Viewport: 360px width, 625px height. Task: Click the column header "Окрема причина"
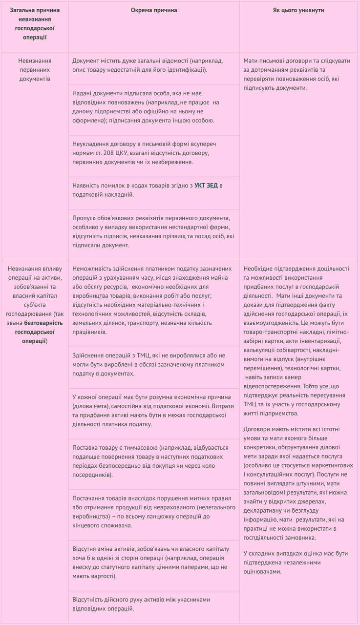(154, 10)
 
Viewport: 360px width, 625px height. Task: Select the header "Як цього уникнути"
(298, 10)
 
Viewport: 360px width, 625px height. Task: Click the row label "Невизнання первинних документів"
(35, 69)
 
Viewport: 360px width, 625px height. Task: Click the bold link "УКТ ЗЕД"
(206, 186)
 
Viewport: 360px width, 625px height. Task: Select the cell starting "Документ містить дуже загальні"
(147, 65)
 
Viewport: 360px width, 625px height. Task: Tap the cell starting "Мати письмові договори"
(297, 74)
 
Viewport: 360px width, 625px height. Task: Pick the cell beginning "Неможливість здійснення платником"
(152, 300)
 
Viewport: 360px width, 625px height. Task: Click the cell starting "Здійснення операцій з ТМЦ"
(148, 364)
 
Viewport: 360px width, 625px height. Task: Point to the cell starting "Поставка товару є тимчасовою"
(150, 461)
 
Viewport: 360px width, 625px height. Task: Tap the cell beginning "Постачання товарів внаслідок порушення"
(151, 511)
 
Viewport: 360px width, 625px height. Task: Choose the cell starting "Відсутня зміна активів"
(149, 562)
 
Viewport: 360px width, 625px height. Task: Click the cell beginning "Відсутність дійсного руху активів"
(141, 604)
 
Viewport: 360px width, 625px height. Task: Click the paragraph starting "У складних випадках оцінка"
(296, 562)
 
